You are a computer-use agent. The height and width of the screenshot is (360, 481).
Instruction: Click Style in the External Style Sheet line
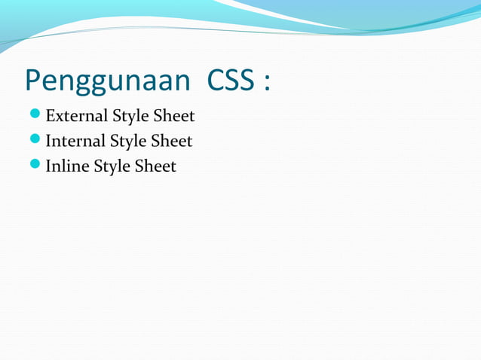130,117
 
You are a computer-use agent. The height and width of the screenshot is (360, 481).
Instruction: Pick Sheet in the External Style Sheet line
174,116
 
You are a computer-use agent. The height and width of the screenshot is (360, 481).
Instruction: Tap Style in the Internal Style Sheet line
128,142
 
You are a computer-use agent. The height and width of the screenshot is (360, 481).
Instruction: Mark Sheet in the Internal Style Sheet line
172,141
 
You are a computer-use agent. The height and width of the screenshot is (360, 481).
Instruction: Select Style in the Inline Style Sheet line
112,166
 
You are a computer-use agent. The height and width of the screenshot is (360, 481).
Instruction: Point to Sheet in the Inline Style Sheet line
155,166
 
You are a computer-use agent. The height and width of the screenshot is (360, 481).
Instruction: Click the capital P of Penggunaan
32,80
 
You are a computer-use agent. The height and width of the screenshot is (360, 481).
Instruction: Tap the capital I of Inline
49,166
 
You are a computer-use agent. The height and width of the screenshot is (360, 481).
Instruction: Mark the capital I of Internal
49,141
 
